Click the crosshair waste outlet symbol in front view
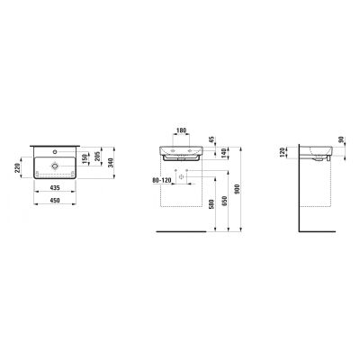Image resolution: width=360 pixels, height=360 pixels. click(x=183, y=176)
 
